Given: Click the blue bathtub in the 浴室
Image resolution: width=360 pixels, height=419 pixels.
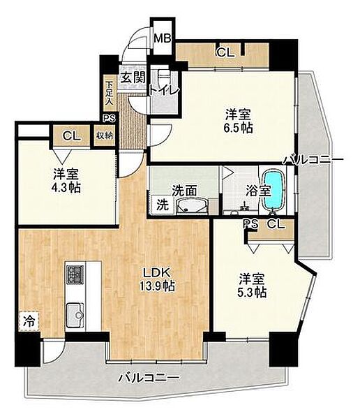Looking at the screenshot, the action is (273, 191).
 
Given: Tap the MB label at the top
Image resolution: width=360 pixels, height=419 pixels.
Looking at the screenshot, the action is (163, 39).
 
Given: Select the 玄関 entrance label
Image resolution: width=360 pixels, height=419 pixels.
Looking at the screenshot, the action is (133, 78).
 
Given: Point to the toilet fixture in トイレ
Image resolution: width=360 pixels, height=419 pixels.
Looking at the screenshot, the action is (164, 76).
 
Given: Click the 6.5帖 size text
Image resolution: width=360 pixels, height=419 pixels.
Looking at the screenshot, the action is (238, 128).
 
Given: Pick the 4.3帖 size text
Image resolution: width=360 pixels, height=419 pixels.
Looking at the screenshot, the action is (66, 188).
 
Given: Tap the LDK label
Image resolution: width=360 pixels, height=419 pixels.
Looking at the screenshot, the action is (156, 273).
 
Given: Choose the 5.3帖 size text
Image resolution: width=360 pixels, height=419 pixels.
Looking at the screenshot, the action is (252, 293).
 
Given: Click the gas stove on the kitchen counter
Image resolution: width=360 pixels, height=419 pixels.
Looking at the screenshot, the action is (75, 275).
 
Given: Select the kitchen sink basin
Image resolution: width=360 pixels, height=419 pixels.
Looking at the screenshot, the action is (75, 315).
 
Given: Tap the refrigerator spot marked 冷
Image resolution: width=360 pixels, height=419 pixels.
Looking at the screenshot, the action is (29, 321).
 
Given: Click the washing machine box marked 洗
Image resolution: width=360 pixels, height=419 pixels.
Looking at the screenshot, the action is (163, 205).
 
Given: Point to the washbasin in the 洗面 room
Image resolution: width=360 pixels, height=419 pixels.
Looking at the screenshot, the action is (191, 206).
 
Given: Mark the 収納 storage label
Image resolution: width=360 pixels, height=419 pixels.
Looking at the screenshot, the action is (105, 135).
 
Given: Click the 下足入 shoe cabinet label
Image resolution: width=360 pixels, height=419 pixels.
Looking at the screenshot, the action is (109, 93).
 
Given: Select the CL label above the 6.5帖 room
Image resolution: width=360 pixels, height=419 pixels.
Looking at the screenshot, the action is (225, 52).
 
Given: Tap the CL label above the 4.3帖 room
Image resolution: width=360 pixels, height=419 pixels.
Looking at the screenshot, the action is (71, 136).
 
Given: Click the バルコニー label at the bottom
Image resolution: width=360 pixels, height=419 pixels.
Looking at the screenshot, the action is (149, 378).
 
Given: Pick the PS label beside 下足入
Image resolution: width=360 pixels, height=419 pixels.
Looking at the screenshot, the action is (110, 118).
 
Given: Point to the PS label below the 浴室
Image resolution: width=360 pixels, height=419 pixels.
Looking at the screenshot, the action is (250, 224).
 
